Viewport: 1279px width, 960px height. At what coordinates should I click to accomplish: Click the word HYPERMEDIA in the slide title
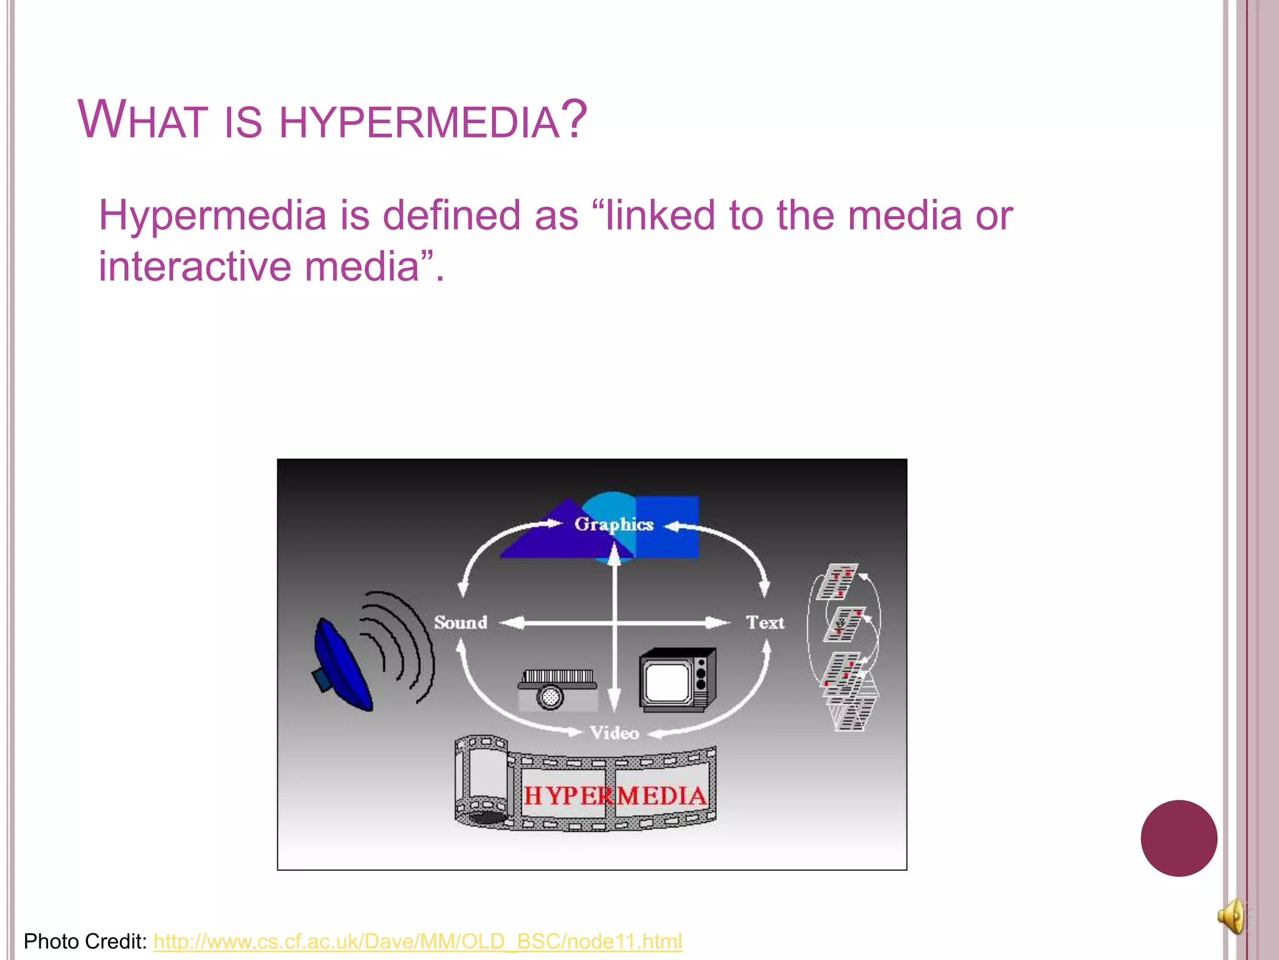[418, 121]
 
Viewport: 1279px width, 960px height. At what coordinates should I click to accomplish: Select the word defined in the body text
[451, 216]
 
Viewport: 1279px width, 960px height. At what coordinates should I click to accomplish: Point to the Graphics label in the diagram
[613, 524]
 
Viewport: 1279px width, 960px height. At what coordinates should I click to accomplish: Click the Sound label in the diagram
[460, 622]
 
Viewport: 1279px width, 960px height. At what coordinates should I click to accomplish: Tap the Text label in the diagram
[764, 622]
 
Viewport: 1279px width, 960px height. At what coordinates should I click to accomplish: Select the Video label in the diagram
[615, 732]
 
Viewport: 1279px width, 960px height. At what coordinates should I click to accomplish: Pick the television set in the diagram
[677, 680]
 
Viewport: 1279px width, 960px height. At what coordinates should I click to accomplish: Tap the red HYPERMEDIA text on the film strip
[615, 796]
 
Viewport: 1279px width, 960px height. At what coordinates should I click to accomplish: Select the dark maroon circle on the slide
[1178, 838]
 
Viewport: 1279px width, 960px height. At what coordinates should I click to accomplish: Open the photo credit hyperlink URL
[417, 941]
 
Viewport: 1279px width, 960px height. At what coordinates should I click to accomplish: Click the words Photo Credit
[85, 941]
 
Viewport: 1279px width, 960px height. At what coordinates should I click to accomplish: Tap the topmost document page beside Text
[838, 581]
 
